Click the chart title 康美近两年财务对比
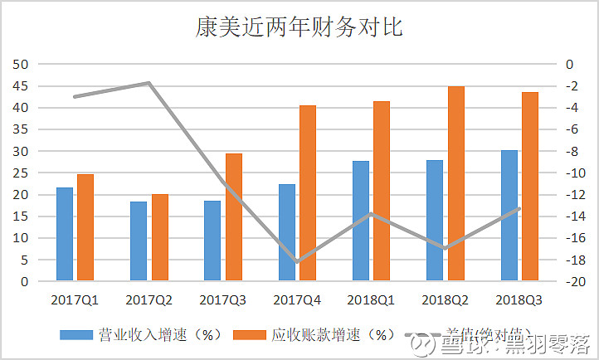coord(299,27)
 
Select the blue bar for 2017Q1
coord(64,234)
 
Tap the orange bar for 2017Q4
coord(308,193)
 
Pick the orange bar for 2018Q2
coord(456,183)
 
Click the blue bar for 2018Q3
coord(509,216)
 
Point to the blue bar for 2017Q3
coord(212,241)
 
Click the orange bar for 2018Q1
coord(382,191)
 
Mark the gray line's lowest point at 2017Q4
coord(297,261)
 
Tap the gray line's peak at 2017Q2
coord(149,83)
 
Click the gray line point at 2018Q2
coord(446,248)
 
